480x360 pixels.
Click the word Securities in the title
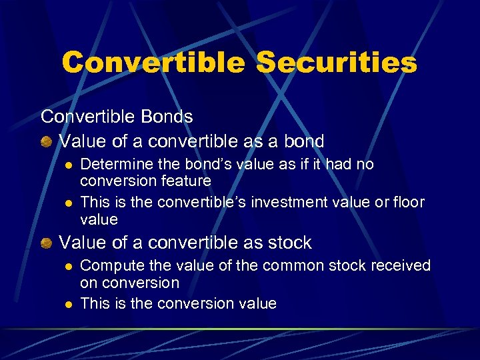point(336,63)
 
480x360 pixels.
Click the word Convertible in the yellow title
point(153,63)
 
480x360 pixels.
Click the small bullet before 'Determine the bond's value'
point(67,165)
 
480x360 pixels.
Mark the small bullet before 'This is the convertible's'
point(67,203)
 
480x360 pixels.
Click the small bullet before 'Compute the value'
point(67,266)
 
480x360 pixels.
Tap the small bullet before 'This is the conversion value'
point(67,304)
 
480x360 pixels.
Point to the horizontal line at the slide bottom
point(240,329)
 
